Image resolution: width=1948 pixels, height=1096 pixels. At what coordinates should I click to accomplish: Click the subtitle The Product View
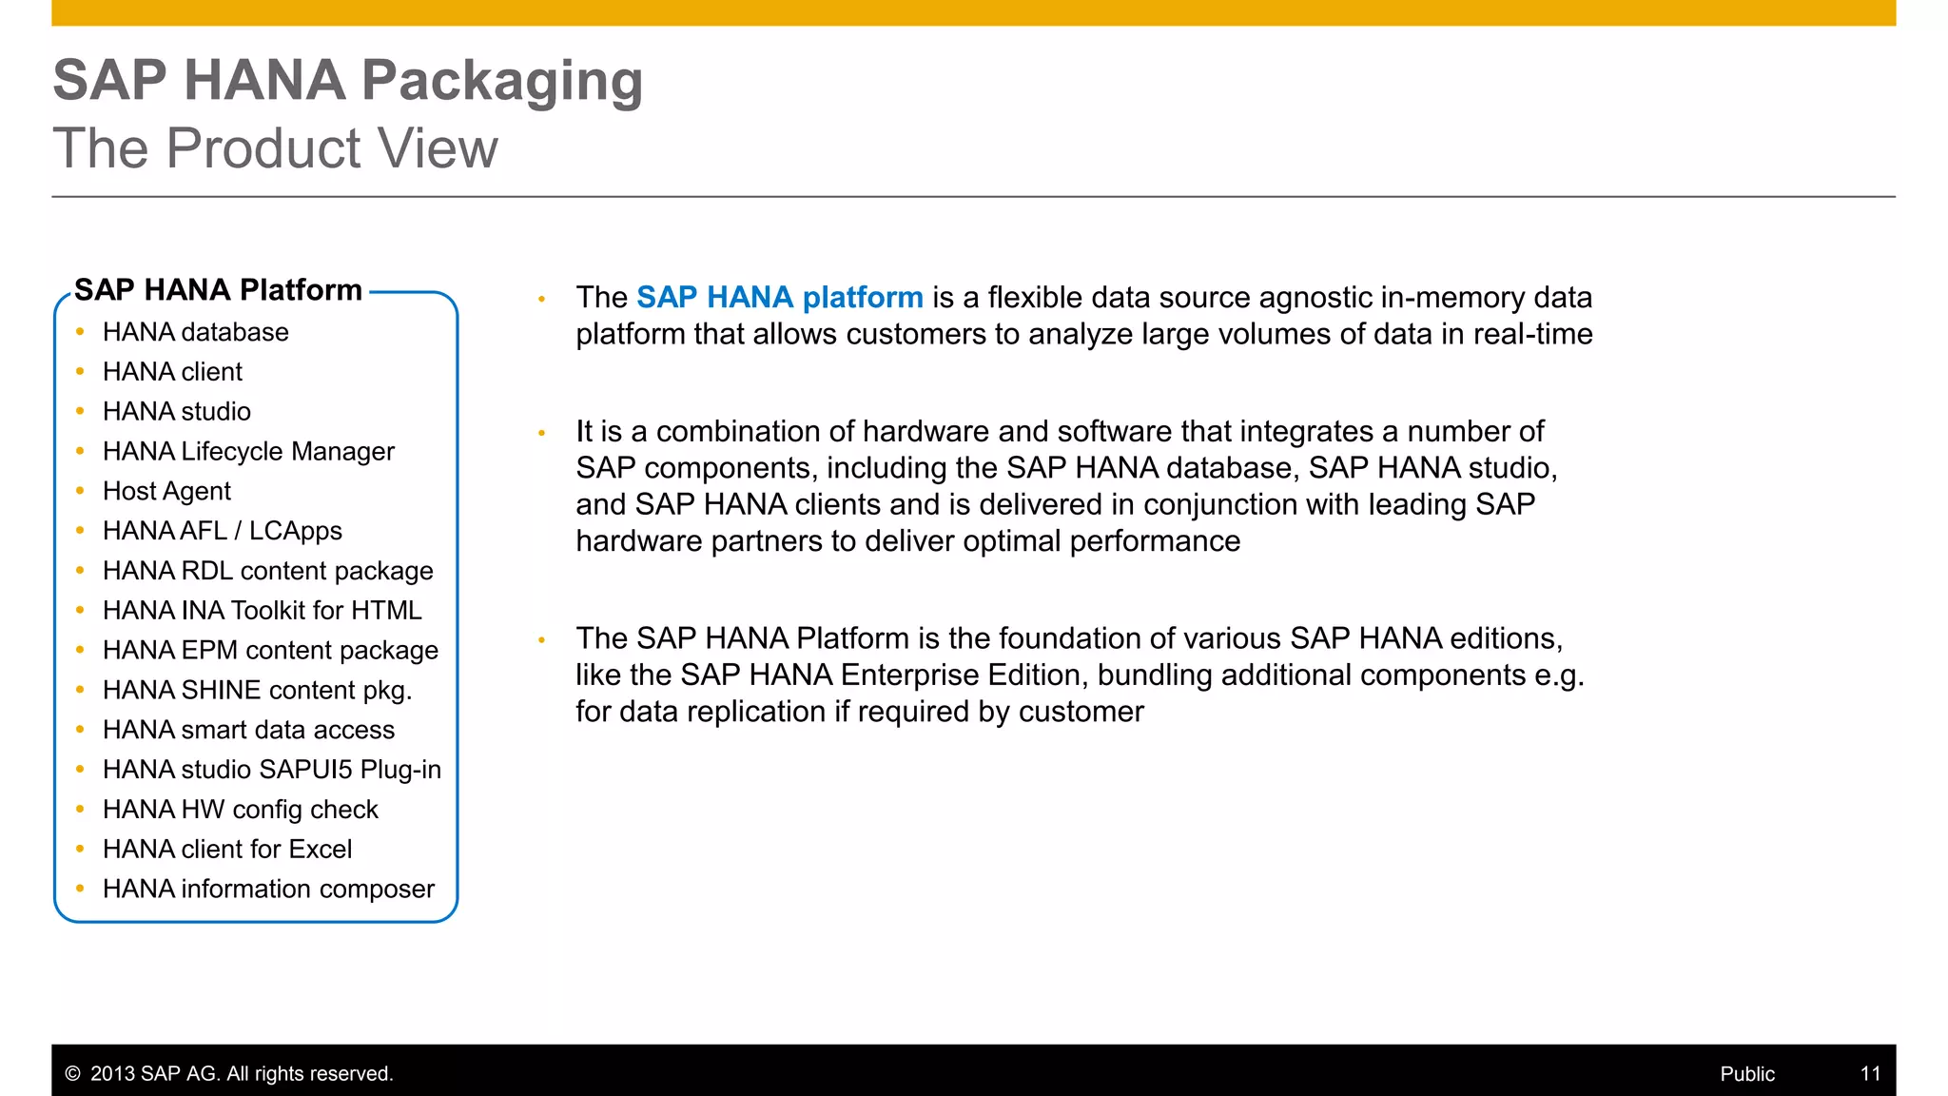click(275, 148)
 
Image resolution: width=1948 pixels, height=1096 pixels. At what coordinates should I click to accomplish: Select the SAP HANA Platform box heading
click(218, 290)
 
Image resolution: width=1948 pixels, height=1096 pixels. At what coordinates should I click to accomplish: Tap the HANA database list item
click(195, 332)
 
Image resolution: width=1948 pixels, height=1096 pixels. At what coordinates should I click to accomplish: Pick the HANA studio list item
click(176, 412)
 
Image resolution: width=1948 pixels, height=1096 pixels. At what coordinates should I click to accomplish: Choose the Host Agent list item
click(166, 491)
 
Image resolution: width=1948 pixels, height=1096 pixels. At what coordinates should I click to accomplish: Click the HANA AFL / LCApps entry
click(222, 531)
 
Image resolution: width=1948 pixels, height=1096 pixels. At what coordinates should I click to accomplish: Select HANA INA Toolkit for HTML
click(262, 611)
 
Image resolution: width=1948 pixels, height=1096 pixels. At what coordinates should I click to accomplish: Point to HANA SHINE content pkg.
click(257, 690)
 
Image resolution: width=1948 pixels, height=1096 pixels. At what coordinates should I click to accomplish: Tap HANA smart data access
click(248, 730)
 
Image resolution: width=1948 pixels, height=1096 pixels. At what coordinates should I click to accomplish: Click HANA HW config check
click(240, 810)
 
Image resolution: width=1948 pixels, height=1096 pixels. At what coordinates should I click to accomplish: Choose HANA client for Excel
click(227, 850)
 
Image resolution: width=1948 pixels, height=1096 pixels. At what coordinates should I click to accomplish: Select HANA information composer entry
click(268, 889)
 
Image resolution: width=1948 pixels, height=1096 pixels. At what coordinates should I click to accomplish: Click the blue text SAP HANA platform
click(779, 298)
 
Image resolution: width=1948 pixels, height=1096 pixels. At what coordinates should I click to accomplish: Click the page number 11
click(1870, 1074)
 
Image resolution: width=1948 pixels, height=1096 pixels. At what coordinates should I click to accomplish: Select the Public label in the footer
click(1746, 1074)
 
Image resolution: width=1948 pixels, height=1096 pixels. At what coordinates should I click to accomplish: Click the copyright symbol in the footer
click(72, 1074)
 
